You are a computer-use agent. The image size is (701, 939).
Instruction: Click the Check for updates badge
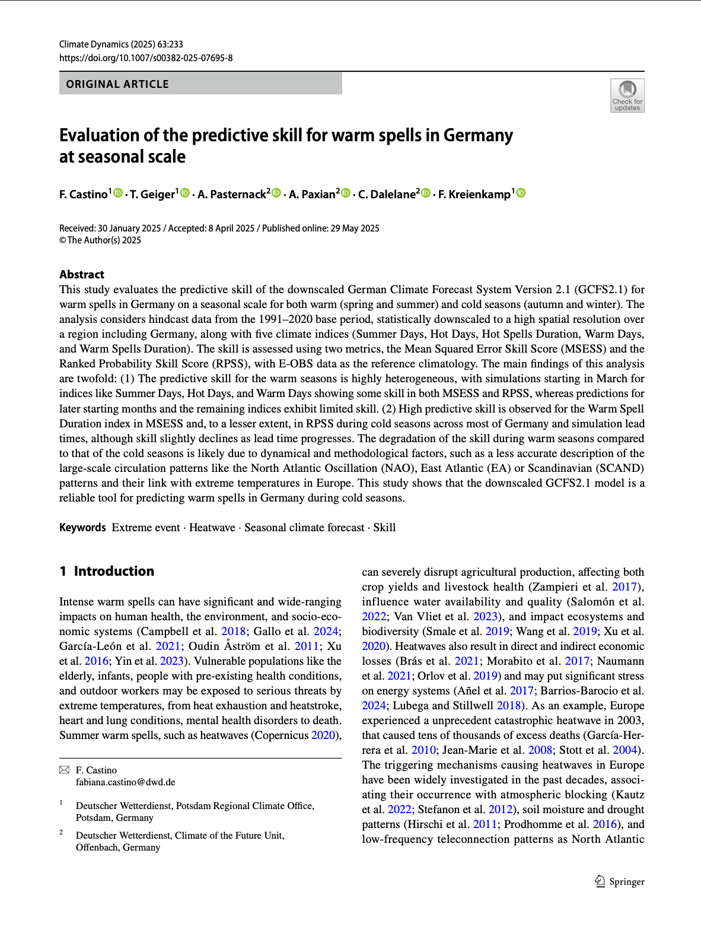pyautogui.click(x=627, y=96)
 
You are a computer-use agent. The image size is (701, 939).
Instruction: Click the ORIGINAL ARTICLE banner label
pyautogui.click(x=117, y=84)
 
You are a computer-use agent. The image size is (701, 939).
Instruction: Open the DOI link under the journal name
pyautogui.click(x=146, y=58)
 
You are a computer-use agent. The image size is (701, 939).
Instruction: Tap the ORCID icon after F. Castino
pyautogui.click(x=118, y=193)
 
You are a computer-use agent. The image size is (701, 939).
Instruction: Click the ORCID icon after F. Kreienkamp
pyautogui.click(x=521, y=193)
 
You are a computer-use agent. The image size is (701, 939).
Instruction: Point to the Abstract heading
pyautogui.click(x=82, y=274)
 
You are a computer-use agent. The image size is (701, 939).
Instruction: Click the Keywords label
pyautogui.click(x=82, y=528)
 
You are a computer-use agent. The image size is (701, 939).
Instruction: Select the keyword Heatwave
pyautogui.click(x=212, y=528)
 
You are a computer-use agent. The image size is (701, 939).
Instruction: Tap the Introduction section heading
pyautogui.click(x=114, y=571)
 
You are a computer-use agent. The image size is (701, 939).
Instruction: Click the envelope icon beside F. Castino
pyautogui.click(x=64, y=770)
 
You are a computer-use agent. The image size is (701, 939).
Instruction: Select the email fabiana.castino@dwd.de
pyautogui.click(x=125, y=782)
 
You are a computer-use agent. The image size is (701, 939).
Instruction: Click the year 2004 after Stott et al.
pyautogui.click(x=624, y=750)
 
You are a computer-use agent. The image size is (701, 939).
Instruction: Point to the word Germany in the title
pyautogui.click(x=478, y=135)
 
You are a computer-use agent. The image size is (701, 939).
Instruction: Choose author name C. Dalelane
pyautogui.click(x=387, y=194)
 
